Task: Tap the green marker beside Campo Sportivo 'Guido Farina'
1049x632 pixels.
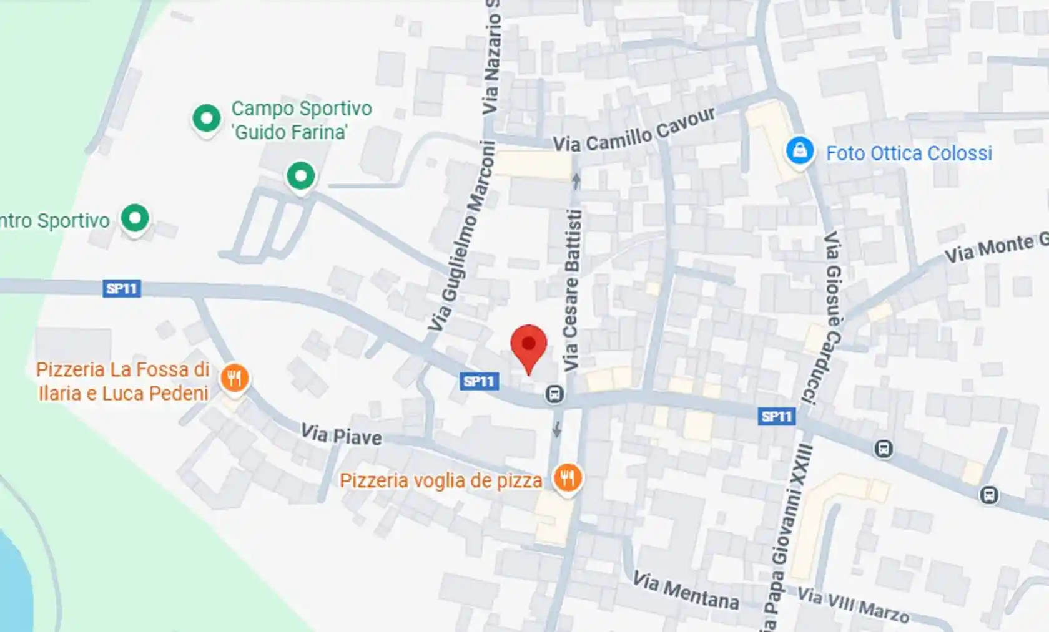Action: coord(206,118)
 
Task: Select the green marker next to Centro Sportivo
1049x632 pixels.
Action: coord(135,218)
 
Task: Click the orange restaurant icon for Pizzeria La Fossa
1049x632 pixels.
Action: coord(235,378)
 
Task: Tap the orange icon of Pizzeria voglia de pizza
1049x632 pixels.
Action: coord(568,479)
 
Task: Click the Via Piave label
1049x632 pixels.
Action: coord(341,435)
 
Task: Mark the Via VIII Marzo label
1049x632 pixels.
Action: coord(853,605)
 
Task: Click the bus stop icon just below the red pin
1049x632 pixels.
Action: coord(554,394)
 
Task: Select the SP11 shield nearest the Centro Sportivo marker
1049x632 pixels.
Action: coord(122,289)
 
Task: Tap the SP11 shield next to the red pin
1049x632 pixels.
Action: coord(479,381)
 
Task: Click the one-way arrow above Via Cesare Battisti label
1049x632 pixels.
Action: coord(576,181)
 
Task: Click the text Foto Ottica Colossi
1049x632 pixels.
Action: coord(909,153)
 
